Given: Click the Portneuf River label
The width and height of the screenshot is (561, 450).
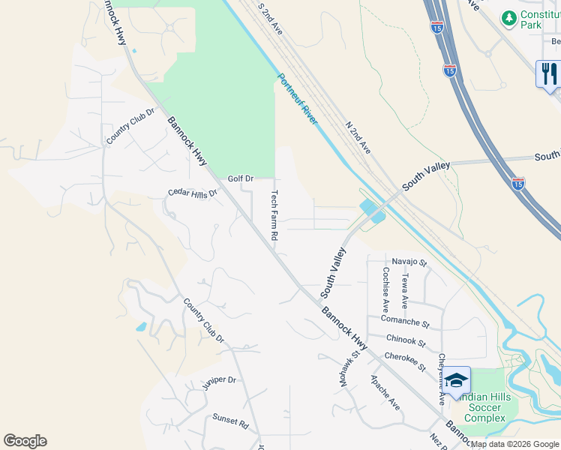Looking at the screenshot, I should tap(299, 102).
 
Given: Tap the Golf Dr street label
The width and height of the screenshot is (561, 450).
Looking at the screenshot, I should tap(241, 178).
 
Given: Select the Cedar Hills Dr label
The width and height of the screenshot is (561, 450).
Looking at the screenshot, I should tap(192, 193).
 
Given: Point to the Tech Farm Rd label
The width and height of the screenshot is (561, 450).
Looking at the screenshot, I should tap(274, 214).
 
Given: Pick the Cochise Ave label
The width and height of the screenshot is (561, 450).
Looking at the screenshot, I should tap(385, 289).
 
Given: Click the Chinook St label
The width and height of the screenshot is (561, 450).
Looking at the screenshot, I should tap(406, 343).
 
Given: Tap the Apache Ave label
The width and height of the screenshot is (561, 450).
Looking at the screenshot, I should tap(385, 393).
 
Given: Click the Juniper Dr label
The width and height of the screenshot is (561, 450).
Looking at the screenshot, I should tap(219, 383).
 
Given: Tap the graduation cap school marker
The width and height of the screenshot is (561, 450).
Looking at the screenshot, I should tap(456, 380).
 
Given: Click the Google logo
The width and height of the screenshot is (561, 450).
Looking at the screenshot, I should tap(25, 441).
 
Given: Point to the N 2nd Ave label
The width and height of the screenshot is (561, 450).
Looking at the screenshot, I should tap(358, 137).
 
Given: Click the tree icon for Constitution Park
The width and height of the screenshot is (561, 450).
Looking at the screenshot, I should tap(510, 16).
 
